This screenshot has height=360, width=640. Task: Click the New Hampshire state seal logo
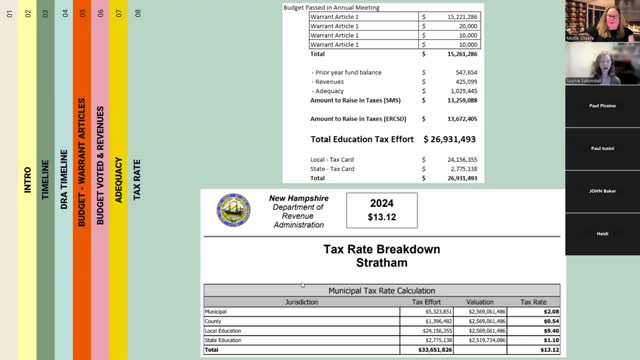[x=234, y=209]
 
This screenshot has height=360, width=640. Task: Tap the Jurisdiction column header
[x=301, y=301]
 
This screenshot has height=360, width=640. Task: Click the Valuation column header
[x=482, y=301]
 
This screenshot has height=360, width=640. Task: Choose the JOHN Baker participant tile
[x=602, y=190]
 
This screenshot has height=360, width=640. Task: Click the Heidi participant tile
[x=602, y=233]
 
